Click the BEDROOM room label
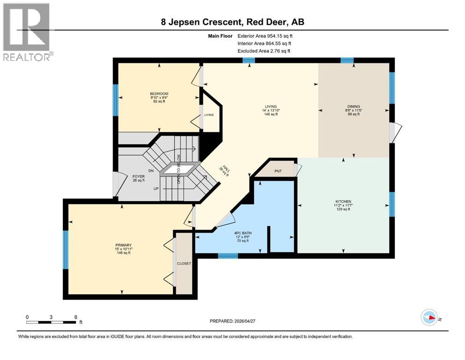click(159, 94)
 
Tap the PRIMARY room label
click(124, 245)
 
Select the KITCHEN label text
click(343, 202)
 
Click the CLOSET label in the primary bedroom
click(184, 263)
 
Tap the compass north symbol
click(429, 318)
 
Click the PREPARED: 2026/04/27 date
click(237, 321)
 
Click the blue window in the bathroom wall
click(228, 256)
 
